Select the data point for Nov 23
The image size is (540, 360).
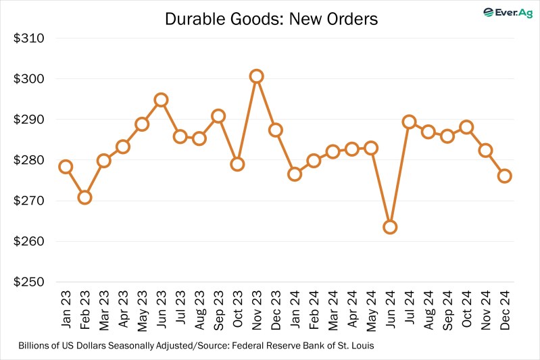click(256, 76)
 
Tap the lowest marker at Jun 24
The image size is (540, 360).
click(389, 227)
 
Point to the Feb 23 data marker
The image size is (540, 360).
click(84, 197)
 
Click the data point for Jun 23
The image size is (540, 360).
click(161, 100)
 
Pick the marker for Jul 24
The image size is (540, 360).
click(409, 122)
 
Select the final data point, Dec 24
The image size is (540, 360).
click(504, 176)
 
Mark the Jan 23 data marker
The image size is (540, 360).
click(66, 167)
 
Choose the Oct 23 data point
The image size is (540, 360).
click(237, 164)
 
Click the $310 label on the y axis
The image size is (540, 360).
click(29, 38)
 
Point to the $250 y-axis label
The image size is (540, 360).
click(29, 282)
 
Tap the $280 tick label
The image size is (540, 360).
click(29, 161)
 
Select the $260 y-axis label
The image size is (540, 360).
click(29, 242)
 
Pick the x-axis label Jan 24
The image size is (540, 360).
click(295, 310)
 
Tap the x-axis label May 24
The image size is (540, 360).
click(371, 310)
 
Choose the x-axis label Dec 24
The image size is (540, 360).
click(505, 310)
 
